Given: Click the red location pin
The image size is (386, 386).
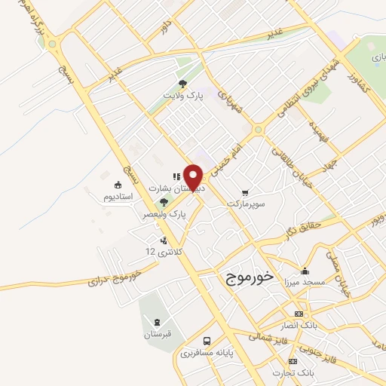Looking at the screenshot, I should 195,176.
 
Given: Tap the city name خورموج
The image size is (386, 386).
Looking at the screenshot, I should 246,278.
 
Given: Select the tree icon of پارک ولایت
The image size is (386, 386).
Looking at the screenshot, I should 182,84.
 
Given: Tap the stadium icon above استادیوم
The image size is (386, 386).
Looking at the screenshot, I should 118,185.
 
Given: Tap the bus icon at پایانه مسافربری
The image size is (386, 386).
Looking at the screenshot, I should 207,341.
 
